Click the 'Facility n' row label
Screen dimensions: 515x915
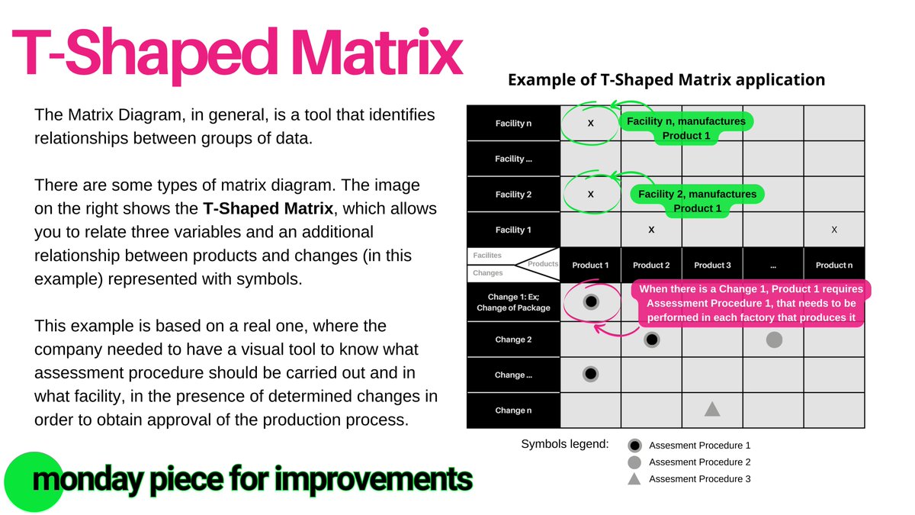pyautogui.click(x=513, y=124)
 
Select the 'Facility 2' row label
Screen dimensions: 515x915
pyautogui.click(x=513, y=195)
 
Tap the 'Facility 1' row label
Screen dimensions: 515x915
pyautogui.click(x=513, y=230)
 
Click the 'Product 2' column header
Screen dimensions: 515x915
pyautogui.click(x=651, y=265)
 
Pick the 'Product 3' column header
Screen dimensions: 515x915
pyautogui.click(x=712, y=265)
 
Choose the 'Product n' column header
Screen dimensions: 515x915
pyautogui.click(x=834, y=265)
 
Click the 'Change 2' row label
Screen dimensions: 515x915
pyautogui.click(x=513, y=340)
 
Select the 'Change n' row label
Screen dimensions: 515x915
pyautogui.click(x=513, y=410)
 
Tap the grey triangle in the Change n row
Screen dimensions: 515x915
pyautogui.click(x=712, y=410)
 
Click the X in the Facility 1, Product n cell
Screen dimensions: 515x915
pyautogui.click(x=834, y=230)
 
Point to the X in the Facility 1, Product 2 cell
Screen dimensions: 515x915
pyautogui.click(x=651, y=229)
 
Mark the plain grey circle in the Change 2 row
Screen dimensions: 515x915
pyautogui.click(x=774, y=340)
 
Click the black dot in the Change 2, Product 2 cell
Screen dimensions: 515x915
pyautogui.click(x=651, y=340)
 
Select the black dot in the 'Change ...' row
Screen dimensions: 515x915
pyautogui.click(x=590, y=375)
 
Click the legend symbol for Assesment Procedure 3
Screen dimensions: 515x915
pyautogui.click(x=634, y=478)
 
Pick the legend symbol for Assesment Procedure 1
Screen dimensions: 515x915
pyautogui.click(x=634, y=446)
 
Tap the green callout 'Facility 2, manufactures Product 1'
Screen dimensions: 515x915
pyautogui.click(x=697, y=201)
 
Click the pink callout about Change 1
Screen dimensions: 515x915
pyautogui.click(x=750, y=303)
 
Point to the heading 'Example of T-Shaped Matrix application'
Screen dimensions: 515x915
pyautogui.click(x=666, y=79)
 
